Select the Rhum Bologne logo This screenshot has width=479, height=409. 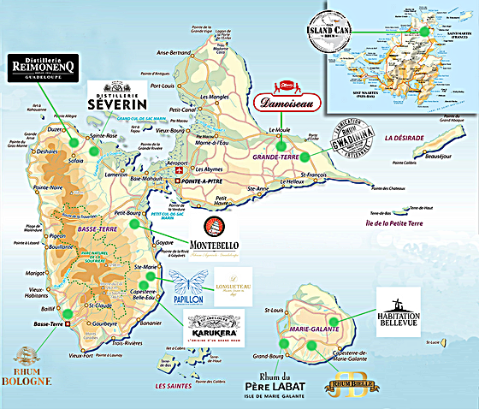click(x=27, y=368)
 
